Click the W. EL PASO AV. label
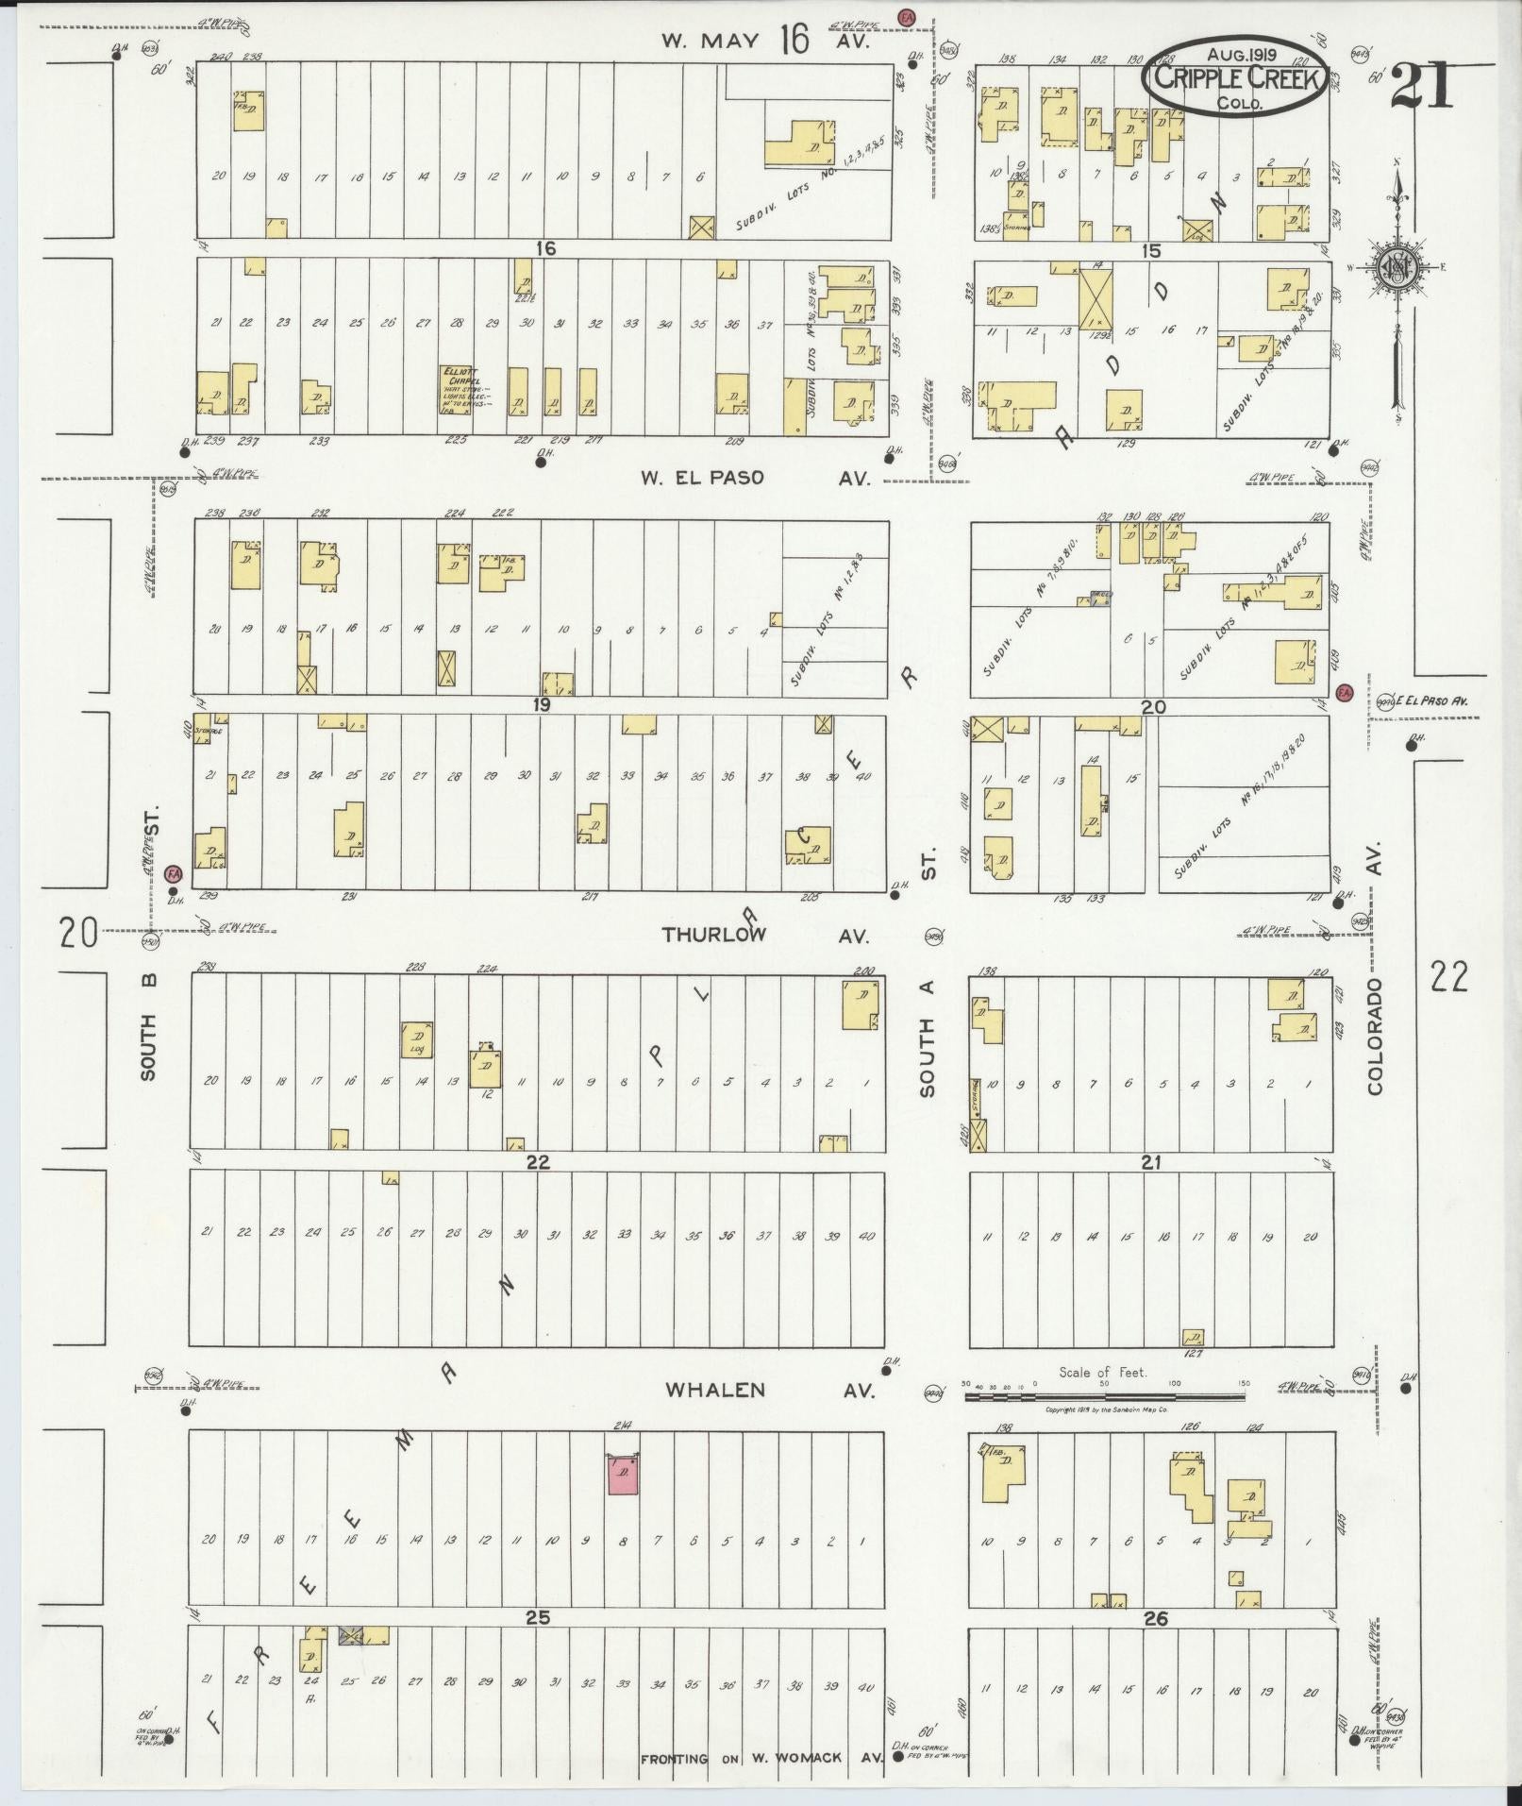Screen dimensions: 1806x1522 [754, 478]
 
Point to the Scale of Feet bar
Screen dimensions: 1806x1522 [1104, 1394]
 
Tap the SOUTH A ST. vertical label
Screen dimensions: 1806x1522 [928, 972]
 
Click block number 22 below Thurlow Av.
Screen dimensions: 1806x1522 [537, 1163]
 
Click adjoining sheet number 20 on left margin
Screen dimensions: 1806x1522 [78, 934]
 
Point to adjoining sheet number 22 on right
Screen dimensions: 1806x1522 [1448, 977]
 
